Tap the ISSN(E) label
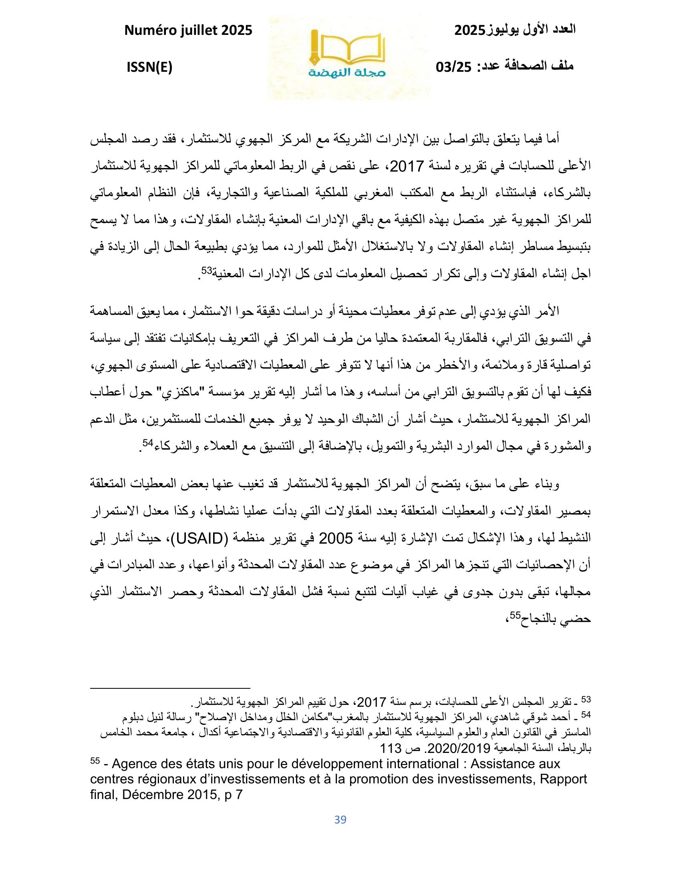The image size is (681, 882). [149, 67]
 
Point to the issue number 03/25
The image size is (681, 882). [454, 67]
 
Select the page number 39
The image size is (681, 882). [340, 819]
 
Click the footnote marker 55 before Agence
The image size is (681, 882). [95, 761]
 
